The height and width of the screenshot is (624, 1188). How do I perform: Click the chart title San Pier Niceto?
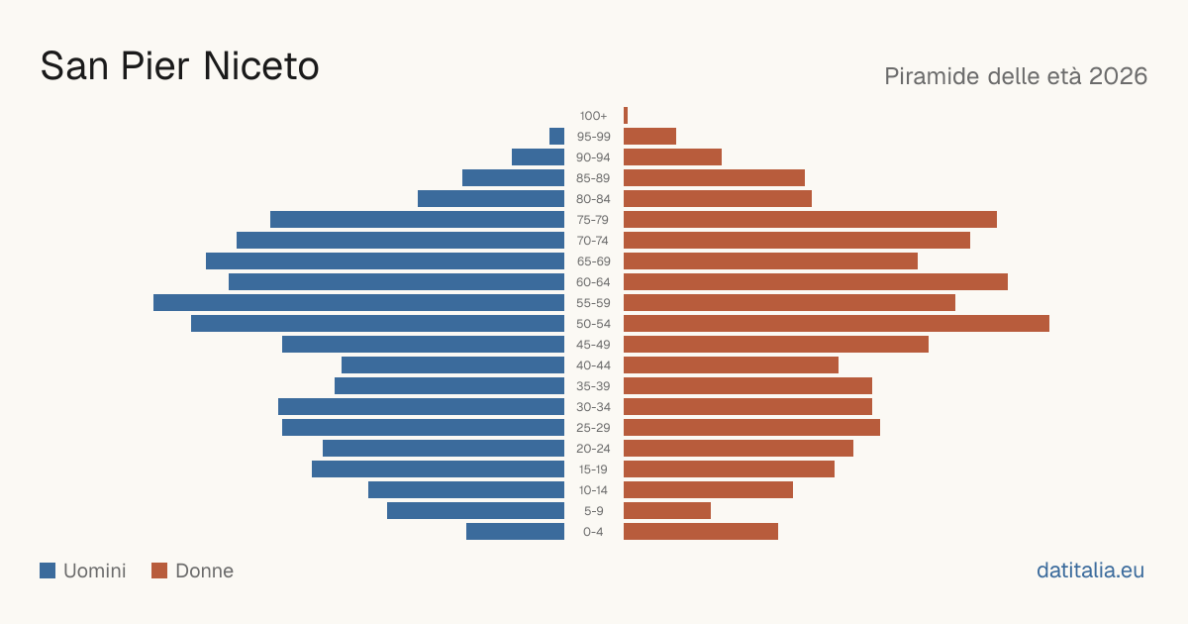pos(180,66)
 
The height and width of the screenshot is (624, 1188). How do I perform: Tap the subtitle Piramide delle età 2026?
pos(1016,76)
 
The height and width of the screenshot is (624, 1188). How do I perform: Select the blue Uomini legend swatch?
pos(48,571)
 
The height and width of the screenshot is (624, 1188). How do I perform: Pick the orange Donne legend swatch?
pos(159,571)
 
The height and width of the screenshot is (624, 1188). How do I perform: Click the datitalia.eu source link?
pos(1090,571)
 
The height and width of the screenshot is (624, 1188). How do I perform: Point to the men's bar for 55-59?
pos(359,302)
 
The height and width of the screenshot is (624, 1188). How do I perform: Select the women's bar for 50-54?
pos(837,324)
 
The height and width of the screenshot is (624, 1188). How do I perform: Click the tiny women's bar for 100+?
pos(626,116)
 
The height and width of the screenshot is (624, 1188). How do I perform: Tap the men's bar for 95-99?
pos(556,137)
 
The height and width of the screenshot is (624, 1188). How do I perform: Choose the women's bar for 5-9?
pos(667,511)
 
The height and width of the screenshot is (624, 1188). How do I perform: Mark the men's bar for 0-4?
pos(515,532)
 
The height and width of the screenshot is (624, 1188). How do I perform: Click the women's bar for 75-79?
pos(811,220)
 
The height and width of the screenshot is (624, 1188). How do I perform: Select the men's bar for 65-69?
pos(385,261)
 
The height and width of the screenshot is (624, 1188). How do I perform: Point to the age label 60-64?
pos(593,282)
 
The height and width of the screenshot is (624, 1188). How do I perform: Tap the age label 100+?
pos(593,116)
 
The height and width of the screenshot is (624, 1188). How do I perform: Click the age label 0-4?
pos(593,532)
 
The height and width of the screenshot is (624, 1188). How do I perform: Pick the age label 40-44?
pos(593,365)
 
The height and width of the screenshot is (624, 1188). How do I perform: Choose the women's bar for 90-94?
pos(672,157)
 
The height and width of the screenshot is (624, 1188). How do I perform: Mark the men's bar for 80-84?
pos(491,199)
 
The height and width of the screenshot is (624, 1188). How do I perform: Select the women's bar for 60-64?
pos(816,281)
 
